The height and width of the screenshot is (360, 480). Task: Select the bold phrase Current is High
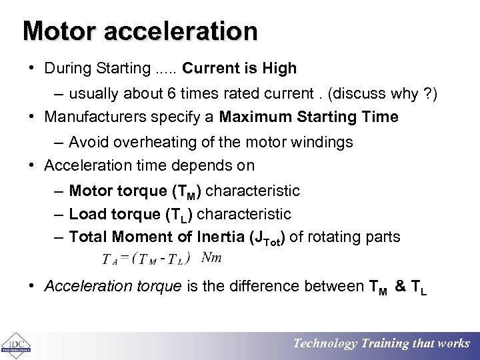[239, 68]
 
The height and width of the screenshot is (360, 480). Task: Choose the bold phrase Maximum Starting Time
[309, 117]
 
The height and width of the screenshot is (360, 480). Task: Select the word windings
[323, 142]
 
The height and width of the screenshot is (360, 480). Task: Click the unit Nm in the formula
[212, 257]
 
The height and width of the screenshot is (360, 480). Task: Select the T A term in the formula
[109, 259]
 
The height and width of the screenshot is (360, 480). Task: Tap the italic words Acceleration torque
[113, 287]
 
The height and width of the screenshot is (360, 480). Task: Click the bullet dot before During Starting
[32, 69]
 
